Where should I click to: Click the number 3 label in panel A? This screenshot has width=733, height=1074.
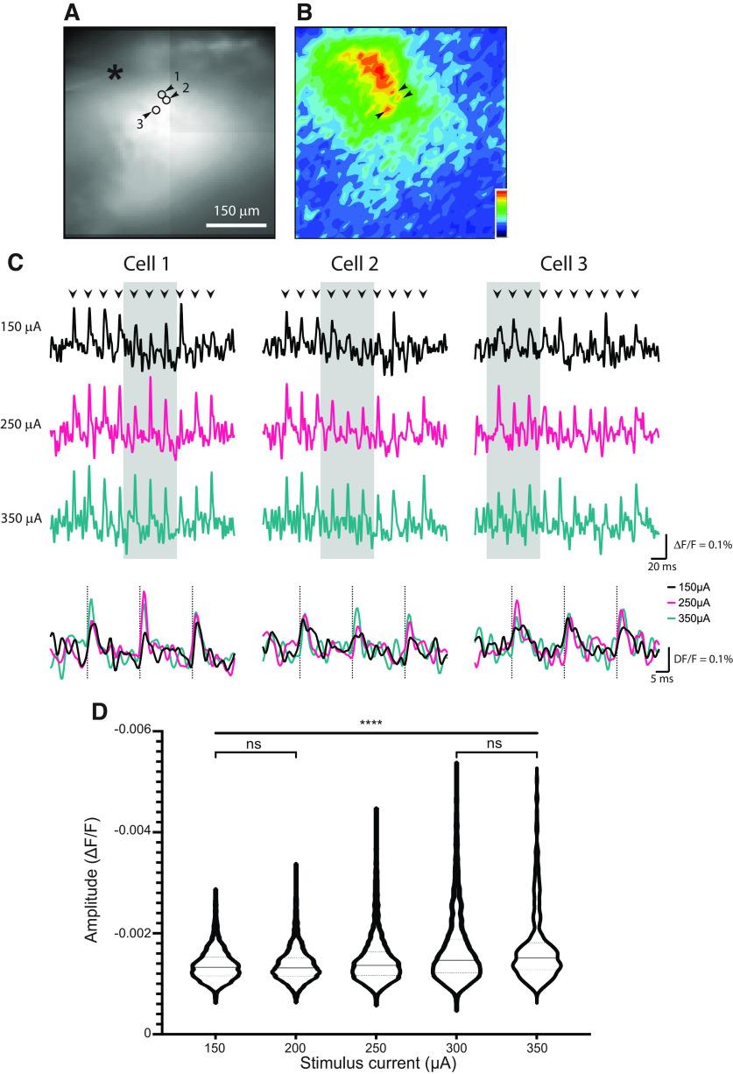pyautogui.click(x=138, y=124)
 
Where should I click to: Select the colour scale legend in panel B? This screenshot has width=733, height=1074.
pyautogui.click(x=501, y=212)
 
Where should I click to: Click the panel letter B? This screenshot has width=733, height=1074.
pyautogui.click(x=304, y=12)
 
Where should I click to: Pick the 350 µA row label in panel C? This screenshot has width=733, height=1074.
pyautogui.click(x=21, y=518)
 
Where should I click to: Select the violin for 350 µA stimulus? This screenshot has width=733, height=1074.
pyautogui.click(x=538, y=946)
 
